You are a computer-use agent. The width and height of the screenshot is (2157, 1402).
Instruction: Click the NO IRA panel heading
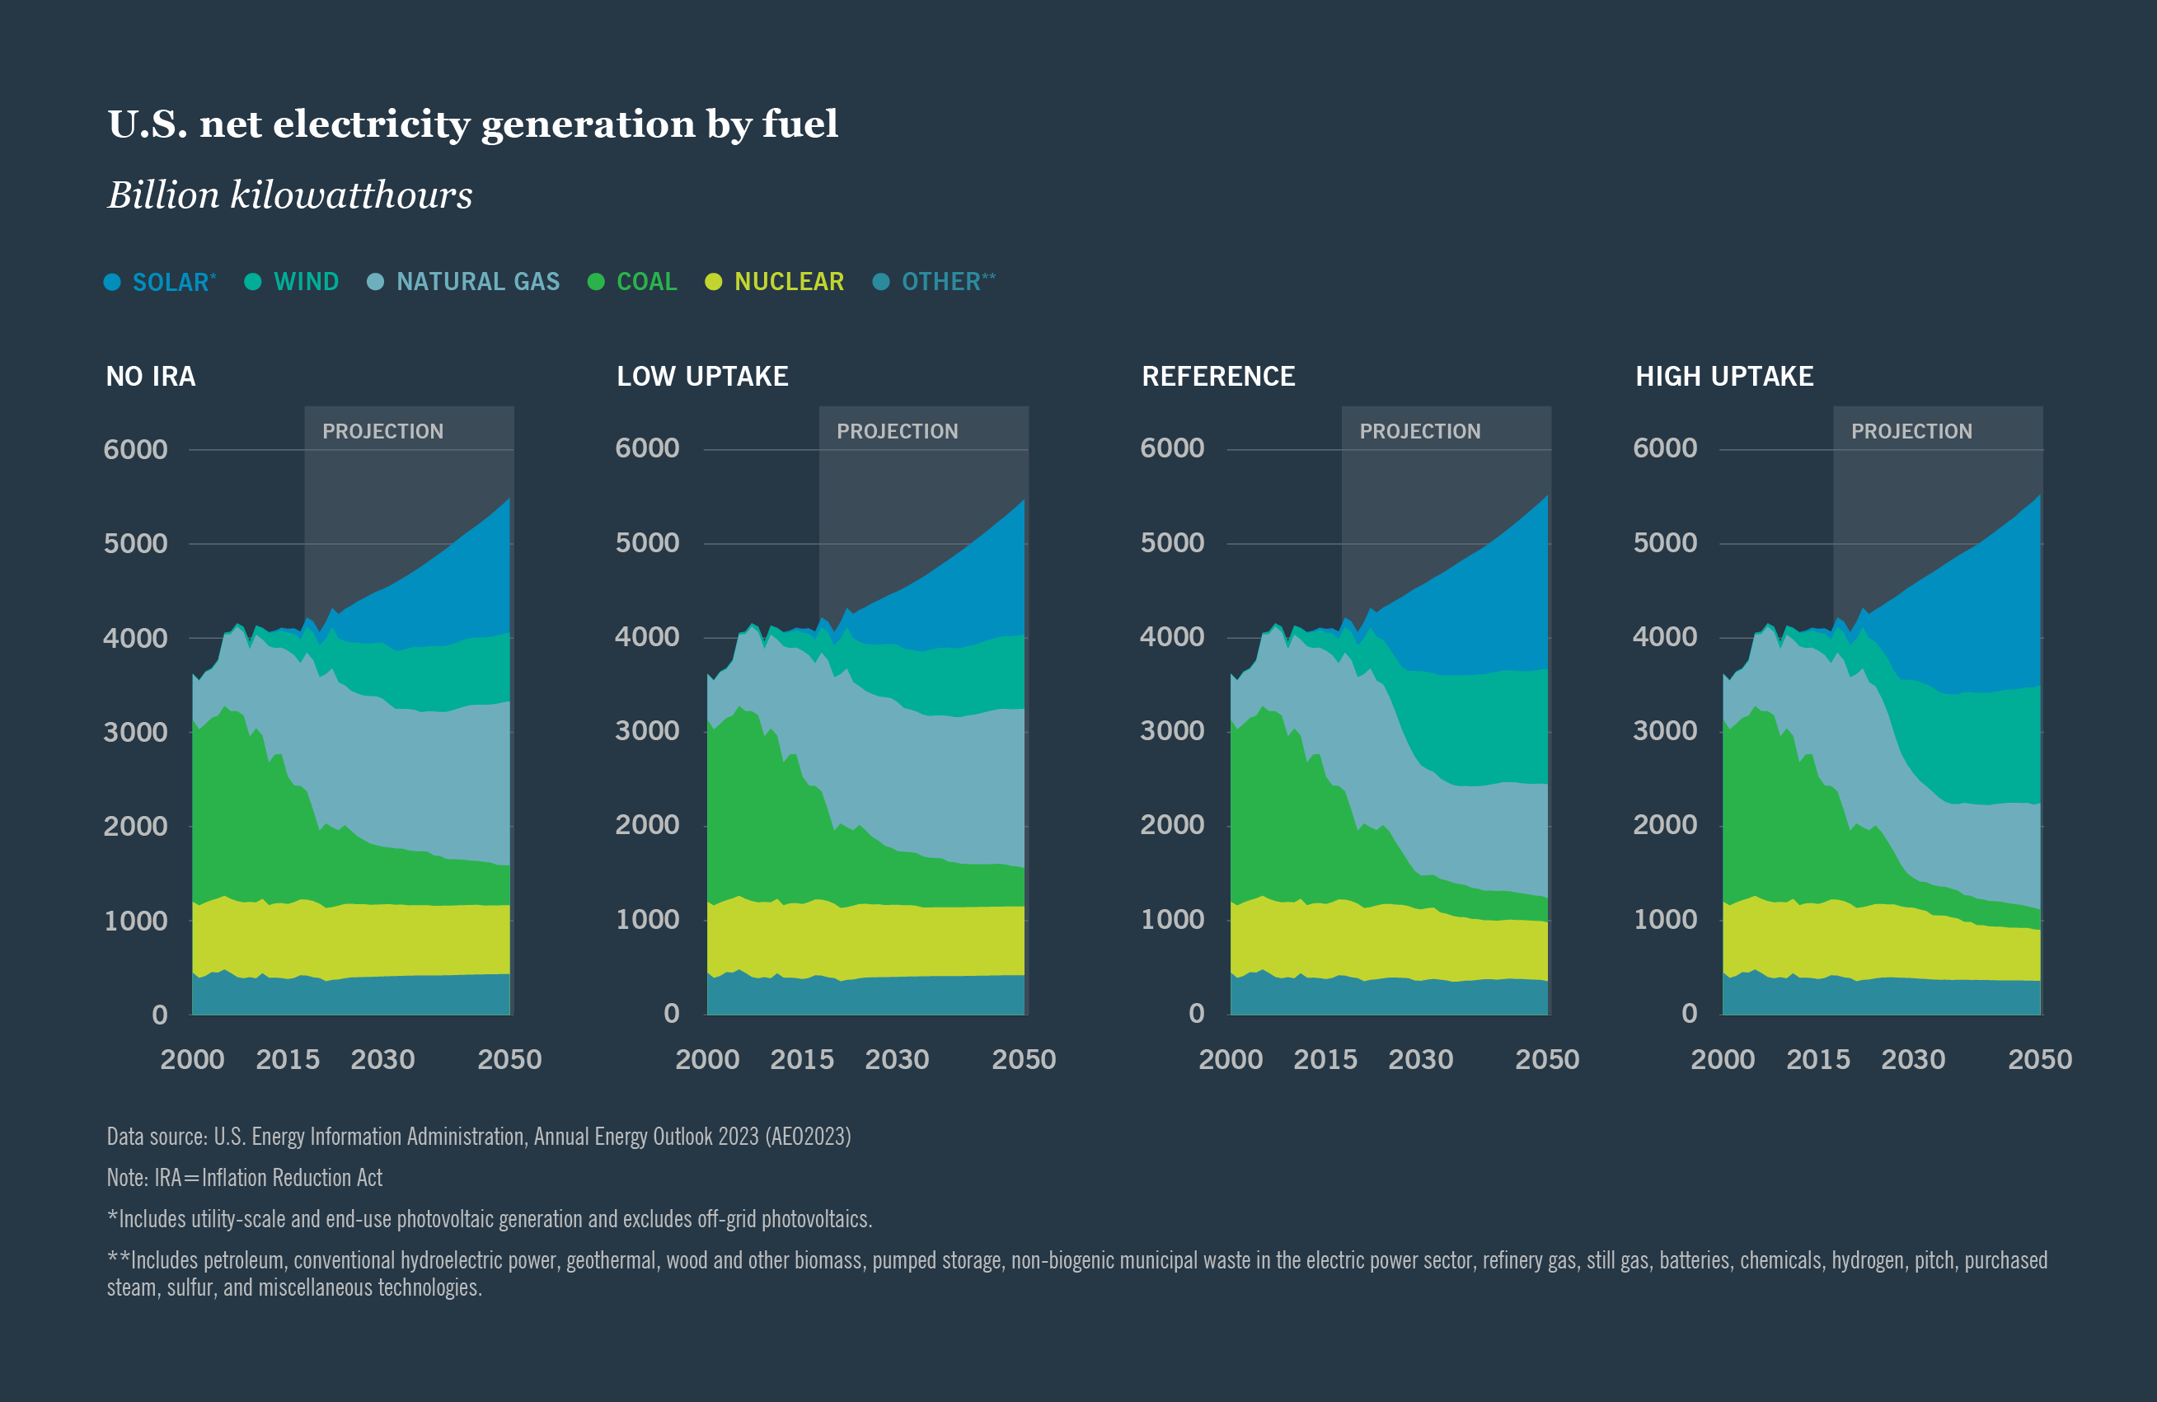pyautogui.click(x=151, y=376)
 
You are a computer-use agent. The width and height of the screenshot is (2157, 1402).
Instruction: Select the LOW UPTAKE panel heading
pyautogui.click(x=702, y=376)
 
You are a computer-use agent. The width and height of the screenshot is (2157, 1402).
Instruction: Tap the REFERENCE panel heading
pyautogui.click(x=1218, y=376)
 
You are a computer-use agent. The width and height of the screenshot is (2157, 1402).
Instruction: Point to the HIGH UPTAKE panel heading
pyautogui.click(x=1723, y=376)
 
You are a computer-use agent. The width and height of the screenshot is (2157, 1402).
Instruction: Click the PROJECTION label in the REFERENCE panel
pyautogui.click(x=1419, y=431)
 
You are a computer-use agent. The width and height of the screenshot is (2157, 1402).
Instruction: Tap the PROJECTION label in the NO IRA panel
pyautogui.click(x=382, y=431)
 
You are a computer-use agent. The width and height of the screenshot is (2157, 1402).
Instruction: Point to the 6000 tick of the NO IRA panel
pyautogui.click(x=135, y=449)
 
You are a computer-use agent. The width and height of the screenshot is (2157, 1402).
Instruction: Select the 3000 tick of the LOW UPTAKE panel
pyautogui.click(x=647, y=730)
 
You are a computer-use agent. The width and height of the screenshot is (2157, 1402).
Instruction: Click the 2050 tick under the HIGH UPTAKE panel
pyautogui.click(x=2039, y=1059)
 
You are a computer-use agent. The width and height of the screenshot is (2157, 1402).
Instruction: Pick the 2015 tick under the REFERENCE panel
pyautogui.click(x=1325, y=1059)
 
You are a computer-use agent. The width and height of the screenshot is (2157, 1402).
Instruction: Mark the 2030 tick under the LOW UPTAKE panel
pyautogui.click(x=896, y=1059)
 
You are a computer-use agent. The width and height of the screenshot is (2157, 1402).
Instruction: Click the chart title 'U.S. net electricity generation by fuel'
pyautogui.click(x=473, y=124)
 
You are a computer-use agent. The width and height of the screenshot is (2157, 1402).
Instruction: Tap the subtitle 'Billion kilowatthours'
pyautogui.click(x=290, y=195)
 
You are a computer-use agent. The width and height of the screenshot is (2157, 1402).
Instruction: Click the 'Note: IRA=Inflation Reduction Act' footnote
pyautogui.click(x=245, y=1177)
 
